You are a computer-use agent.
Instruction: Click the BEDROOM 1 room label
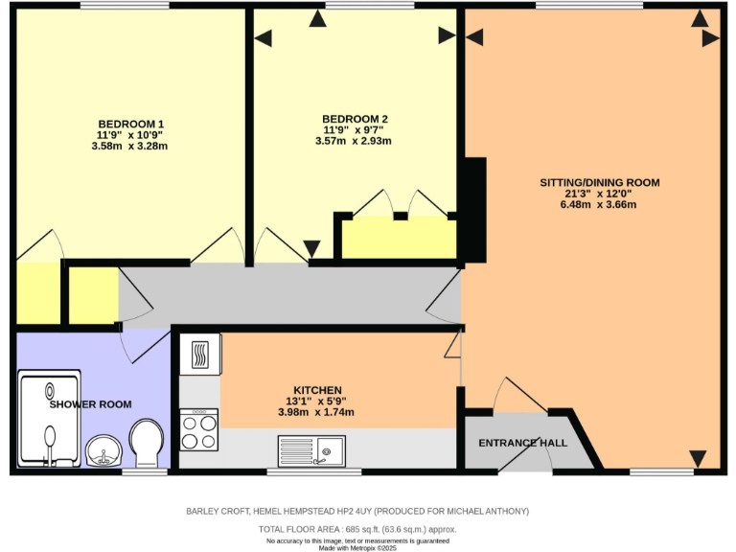click(x=130, y=124)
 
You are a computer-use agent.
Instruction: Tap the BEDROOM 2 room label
click(x=354, y=119)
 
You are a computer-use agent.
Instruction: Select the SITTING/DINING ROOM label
click(x=600, y=182)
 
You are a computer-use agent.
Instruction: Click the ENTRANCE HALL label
click(x=522, y=443)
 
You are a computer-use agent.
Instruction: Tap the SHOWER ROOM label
click(x=91, y=404)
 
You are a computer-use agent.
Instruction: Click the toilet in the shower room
click(x=147, y=441)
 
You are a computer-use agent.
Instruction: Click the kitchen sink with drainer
click(x=311, y=448)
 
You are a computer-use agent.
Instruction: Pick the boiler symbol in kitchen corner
click(x=199, y=354)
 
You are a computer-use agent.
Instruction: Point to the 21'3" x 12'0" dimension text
click(x=600, y=193)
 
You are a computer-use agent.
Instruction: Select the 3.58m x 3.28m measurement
click(x=130, y=146)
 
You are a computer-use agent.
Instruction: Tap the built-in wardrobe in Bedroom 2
click(x=399, y=238)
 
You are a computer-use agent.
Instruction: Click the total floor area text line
click(x=357, y=529)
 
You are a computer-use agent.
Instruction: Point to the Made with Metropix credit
click(x=357, y=548)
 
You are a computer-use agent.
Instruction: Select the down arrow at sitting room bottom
click(x=698, y=458)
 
